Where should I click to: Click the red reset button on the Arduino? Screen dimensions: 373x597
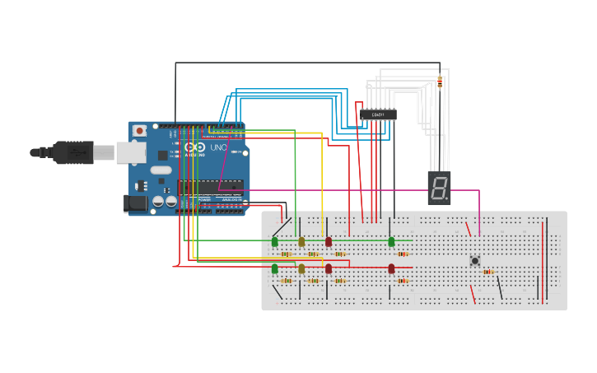[x=140, y=130]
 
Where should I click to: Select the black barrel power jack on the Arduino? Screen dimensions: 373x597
[x=134, y=203]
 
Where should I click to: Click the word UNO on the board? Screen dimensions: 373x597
[x=218, y=147]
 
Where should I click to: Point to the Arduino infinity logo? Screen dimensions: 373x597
[x=194, y=147]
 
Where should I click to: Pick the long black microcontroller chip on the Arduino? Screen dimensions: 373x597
[x=211, y=187]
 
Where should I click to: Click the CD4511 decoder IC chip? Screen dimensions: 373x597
[x=378, y=114]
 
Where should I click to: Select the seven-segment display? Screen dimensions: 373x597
[x=440, y=188]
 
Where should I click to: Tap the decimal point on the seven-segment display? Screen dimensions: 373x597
[x=447, y=198]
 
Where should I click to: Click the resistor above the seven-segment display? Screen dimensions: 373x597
[x=440, y=82]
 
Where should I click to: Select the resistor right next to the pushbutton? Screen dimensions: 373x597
[x=487, y=271]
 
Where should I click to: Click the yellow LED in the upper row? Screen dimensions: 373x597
[x=301, y=241]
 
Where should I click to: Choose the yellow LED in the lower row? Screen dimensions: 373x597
[x=301, y=268]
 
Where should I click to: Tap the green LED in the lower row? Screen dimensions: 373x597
[x=274, y=268]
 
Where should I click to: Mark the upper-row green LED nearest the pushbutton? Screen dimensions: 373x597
[x=391, y=241]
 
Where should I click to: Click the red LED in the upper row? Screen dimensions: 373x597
[x=329, y=241]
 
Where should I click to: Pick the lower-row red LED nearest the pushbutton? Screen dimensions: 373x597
[x=391, y=268]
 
